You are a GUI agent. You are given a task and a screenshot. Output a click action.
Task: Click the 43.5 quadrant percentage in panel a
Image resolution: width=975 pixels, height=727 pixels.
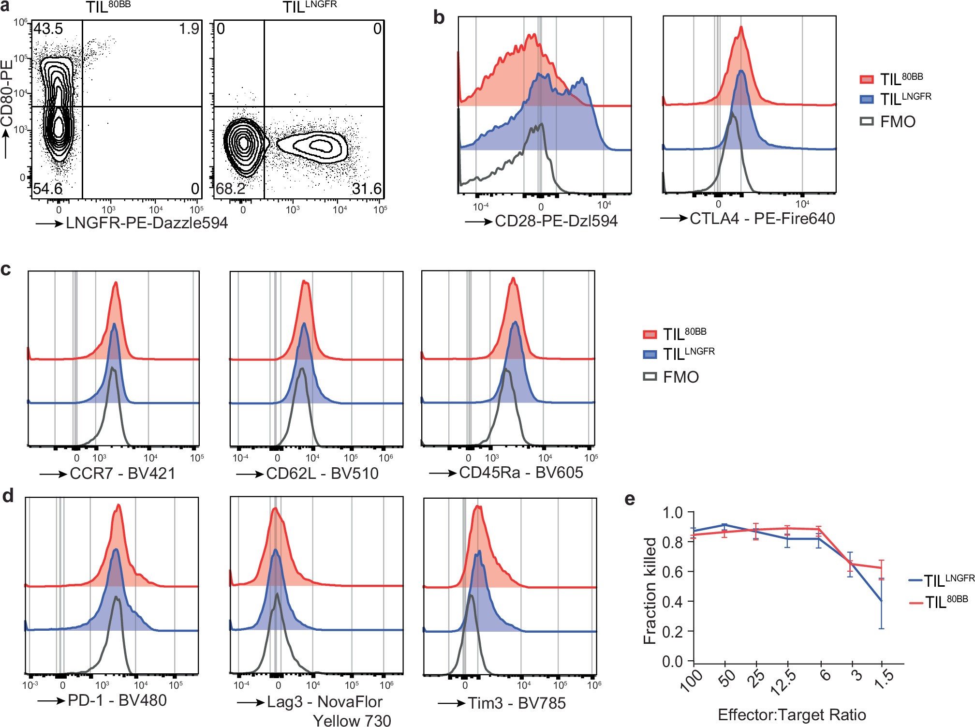click(x=48, y=29)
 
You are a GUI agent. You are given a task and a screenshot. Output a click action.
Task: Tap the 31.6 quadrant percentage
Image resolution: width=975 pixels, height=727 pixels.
click(x=367, y=189)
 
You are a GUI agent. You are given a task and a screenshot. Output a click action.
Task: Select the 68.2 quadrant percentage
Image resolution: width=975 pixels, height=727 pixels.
click(x=231, y=189)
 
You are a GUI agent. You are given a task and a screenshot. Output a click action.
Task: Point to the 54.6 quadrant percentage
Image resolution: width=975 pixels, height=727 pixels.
click(x=47, y=189)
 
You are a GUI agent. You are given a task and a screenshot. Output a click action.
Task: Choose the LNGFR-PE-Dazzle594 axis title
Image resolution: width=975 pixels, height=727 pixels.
click(x=147, y=223)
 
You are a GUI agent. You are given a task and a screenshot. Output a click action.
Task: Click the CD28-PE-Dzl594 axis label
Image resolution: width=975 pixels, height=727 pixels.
click(x=556, y=221)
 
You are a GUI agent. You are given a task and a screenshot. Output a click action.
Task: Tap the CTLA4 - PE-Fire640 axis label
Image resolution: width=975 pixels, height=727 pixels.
click(x=762, y=219)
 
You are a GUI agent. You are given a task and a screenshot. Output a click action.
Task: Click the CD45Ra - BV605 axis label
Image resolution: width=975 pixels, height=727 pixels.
click(x=521, y=473)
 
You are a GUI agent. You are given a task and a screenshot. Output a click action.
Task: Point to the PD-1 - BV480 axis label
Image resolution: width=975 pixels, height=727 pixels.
click(x=117, y=700)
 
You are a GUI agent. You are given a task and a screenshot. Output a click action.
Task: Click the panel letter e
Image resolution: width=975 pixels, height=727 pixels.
click(x=630, y=499)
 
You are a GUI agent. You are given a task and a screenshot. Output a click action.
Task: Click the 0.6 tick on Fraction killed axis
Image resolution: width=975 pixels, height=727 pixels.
click(x=672, y=572)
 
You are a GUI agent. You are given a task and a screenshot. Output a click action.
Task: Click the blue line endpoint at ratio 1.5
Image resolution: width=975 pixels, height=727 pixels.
click(x=882, y=601)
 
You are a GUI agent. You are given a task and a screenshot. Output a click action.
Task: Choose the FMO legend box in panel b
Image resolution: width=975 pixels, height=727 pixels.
click(x=867, y=121)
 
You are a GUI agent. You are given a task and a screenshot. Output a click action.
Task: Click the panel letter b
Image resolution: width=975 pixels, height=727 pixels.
click(x=439, y=17)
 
